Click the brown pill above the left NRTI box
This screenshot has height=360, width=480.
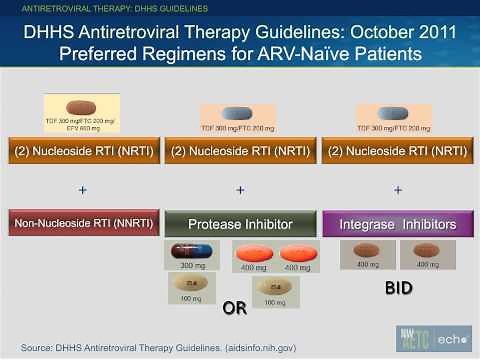81,107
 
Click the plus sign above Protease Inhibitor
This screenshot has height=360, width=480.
240,190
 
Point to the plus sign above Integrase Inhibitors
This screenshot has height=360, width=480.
398,190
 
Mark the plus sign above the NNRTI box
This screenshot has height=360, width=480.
82,190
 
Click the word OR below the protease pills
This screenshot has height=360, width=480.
234,308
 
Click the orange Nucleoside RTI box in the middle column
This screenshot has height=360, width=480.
240,152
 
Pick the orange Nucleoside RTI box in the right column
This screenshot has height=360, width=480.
397,152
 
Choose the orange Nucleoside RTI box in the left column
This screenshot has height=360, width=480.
83,152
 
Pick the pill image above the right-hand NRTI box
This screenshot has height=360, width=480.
397,112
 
